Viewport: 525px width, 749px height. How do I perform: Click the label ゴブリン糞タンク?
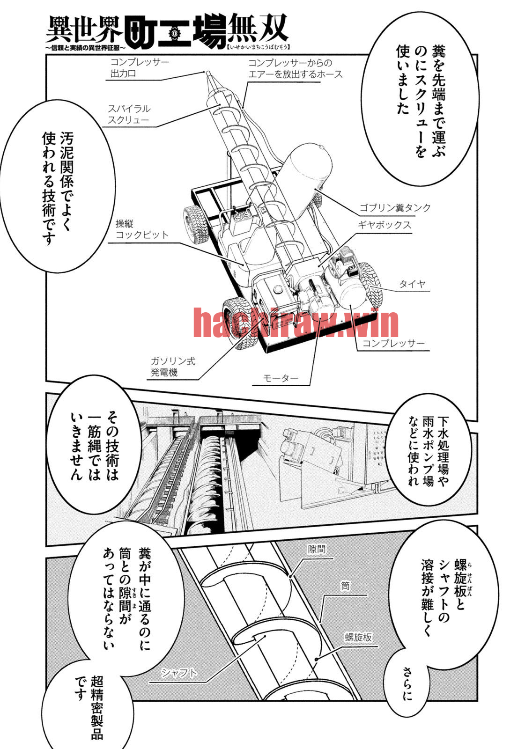395,208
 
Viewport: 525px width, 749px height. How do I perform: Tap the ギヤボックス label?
384,225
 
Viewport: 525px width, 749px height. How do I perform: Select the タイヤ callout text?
412,284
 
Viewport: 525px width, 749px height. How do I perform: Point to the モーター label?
281,378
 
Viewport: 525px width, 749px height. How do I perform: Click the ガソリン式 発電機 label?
173,367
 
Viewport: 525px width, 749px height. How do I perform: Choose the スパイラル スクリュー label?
129,114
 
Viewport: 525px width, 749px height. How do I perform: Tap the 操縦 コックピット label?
142,229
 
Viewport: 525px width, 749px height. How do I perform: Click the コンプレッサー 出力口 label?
140,67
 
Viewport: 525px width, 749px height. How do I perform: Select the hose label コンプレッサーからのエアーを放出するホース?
296,68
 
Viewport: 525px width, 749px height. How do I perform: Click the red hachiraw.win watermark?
296,323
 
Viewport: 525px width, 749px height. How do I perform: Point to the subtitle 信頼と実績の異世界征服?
86,48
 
